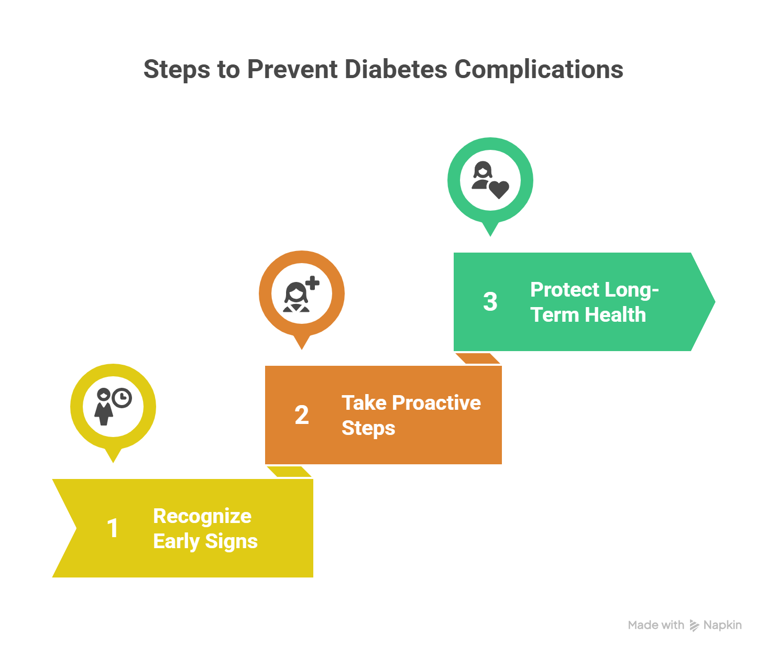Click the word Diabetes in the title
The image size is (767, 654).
396,69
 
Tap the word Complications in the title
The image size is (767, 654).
539,70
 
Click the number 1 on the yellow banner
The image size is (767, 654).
113,528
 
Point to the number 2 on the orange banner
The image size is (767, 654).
302,415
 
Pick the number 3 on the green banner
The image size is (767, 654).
490,301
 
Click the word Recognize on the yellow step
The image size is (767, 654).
202,517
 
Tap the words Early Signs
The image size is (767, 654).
205,541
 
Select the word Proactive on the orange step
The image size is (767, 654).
436,402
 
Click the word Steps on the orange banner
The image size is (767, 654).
368,428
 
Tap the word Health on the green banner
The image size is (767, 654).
616,315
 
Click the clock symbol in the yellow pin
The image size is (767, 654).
122,398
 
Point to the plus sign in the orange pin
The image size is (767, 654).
313,283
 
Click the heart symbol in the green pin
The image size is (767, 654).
499,190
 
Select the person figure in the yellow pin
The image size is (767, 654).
104,407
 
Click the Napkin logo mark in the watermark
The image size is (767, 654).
694,625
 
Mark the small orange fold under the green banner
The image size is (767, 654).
478,358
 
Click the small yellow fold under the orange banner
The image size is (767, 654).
289,472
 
